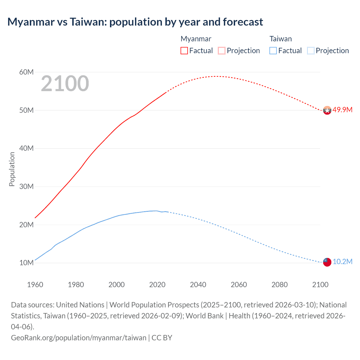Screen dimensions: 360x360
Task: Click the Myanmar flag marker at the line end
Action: pos(327,110)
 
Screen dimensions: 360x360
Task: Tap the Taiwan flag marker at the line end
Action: pos(327,262)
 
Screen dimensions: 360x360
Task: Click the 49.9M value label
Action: pos(342,110)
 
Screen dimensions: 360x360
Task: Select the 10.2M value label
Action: pos(342,262)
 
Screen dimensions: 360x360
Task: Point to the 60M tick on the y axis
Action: pos(26,72)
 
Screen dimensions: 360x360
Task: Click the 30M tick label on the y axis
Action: pos(26,186)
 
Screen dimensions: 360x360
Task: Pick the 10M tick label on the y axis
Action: pos(26,263)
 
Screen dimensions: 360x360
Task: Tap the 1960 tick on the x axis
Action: pos(35,285)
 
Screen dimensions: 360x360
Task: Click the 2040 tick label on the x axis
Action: pos(198,285)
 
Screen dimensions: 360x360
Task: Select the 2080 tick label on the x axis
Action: pos(280,285)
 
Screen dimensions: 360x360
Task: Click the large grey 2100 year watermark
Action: pos(65,84)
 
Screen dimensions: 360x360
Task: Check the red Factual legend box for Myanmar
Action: pos(184,51)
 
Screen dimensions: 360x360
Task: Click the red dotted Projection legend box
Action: pos(222,51)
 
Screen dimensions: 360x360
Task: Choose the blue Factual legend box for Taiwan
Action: pos(273,51)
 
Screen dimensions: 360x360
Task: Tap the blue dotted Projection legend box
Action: pos(310,51)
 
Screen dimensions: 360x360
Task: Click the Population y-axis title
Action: pos(12,169)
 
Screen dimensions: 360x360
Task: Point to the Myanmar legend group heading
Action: pos(196,39)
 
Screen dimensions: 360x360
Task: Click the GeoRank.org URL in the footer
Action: pos(78,337)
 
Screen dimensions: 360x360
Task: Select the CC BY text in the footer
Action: pos(162,337)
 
